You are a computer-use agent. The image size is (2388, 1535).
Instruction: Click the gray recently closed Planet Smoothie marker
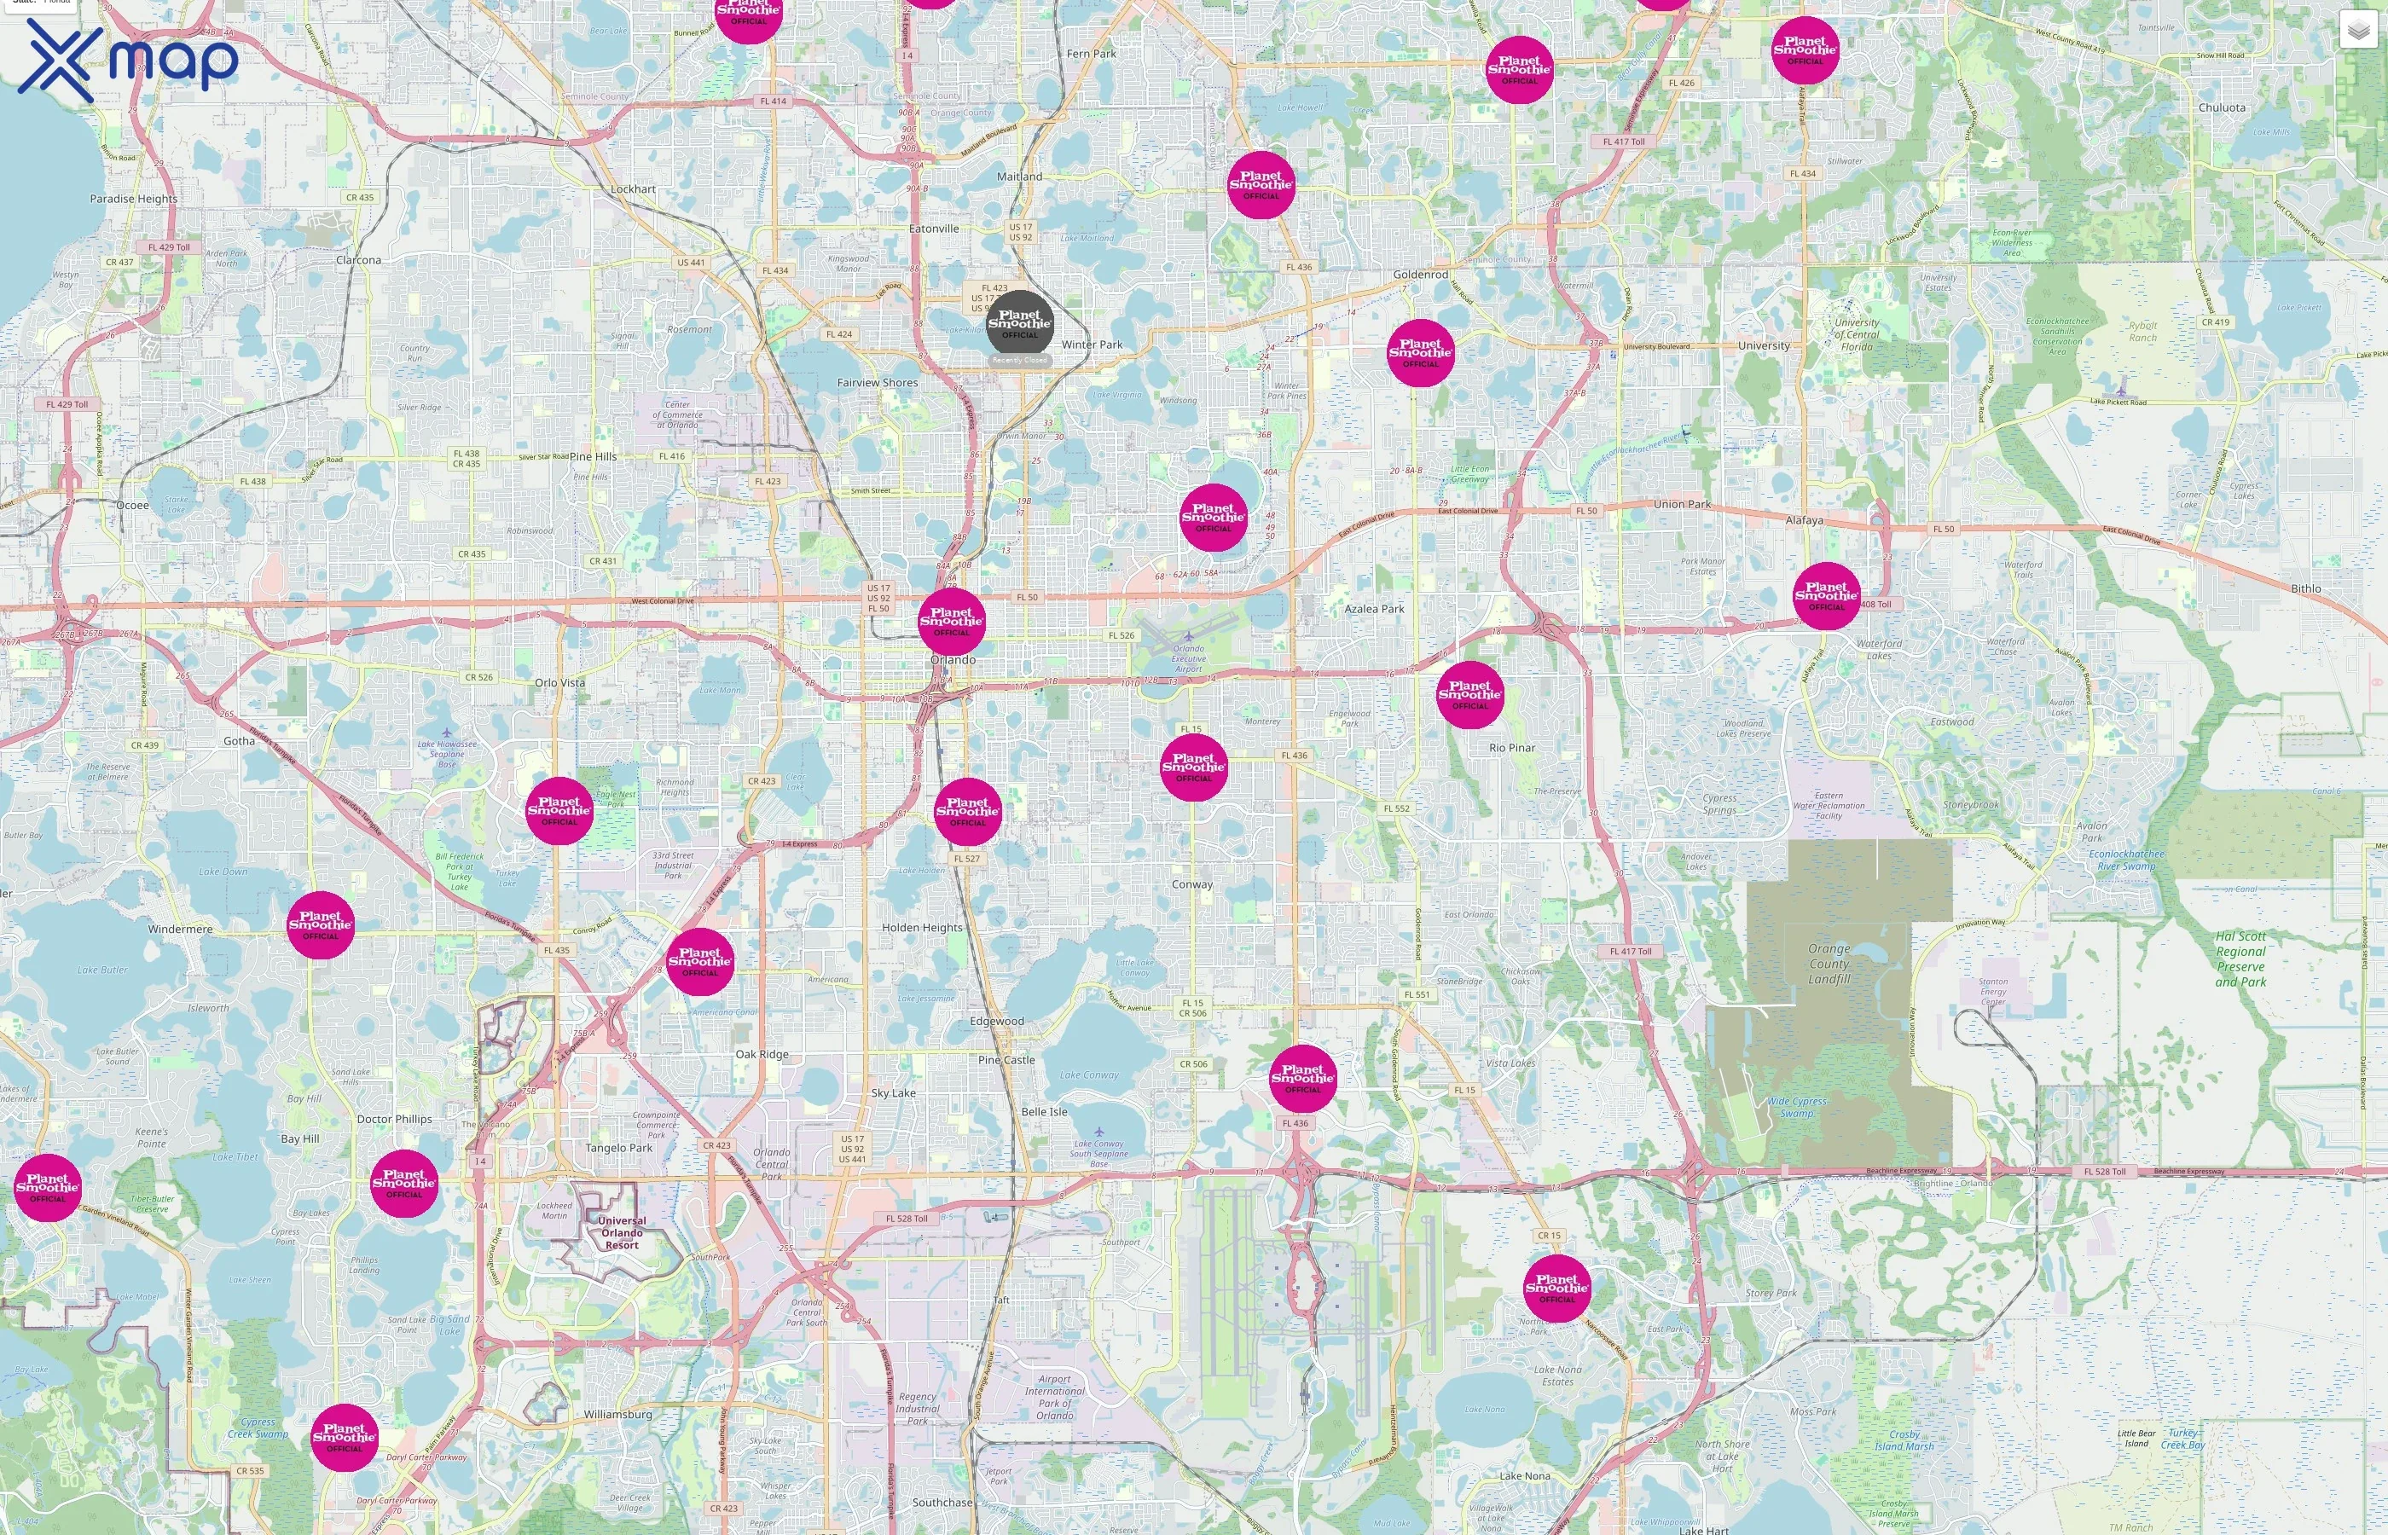click(x=1019, y=323)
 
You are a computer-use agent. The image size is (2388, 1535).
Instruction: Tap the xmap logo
click(x=128, y=59)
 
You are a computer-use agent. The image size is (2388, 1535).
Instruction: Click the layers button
click(x=2357, y=30)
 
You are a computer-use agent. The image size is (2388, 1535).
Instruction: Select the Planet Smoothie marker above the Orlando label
click(x=951, y=621)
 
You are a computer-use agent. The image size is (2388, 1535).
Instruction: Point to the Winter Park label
click(x=1092, y=345)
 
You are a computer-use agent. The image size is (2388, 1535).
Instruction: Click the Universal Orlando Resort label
click(x=622, y=1233)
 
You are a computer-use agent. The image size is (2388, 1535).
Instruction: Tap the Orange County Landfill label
click(x=1829, y=964)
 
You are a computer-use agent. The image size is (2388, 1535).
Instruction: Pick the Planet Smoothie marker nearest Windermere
click(x=320, y=925)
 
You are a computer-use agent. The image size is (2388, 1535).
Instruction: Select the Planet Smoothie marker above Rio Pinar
click(x=1469, y=694)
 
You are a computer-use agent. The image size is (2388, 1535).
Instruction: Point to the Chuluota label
click(x=2222, y=107)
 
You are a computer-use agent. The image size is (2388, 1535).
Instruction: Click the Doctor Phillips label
click(x=395, y=1120)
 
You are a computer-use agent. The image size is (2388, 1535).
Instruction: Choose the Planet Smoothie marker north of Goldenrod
click(x=1261, y=184)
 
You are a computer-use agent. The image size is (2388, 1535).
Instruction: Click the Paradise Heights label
click(x=134, y=200)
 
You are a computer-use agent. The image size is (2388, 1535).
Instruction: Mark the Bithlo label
click(x=2305, y=589)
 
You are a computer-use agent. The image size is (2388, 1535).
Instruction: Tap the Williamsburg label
click(x=618, y=1415)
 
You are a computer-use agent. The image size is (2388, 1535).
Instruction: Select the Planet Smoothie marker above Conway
click(x=1193, y=767)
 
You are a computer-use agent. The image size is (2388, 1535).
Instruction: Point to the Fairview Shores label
click(x=877, y=383)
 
